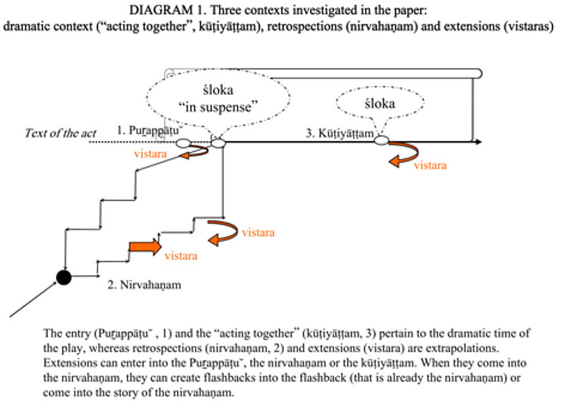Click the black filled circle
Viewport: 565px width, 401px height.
click(x=64, y=277)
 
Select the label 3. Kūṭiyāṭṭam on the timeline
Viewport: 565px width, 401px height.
click(x=339, y=132)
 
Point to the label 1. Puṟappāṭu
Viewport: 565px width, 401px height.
click(x=149, y=130)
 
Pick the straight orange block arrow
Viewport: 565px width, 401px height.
click(x=144, y=247)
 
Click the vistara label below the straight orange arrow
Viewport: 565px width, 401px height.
click(x=181, y=257)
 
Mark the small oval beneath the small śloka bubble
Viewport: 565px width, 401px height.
click(x=381, y=141)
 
